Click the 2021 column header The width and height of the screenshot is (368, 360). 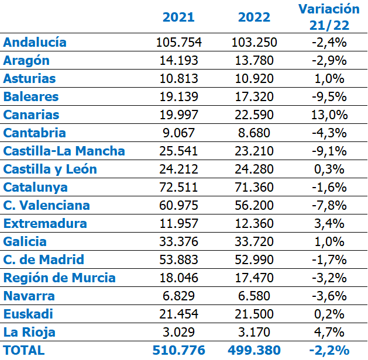coord(178,17)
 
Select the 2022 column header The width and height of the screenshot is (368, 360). coord(254,17)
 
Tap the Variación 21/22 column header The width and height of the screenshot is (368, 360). coord(329,17)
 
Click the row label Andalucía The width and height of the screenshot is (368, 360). coord(35,43)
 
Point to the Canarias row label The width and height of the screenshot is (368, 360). coord(32,115)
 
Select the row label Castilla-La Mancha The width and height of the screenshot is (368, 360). coord(64,151)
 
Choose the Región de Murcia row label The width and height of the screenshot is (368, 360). coord(60,278)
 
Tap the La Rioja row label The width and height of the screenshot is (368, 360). coord(29,333)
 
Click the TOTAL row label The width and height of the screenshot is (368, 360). coord(24,351)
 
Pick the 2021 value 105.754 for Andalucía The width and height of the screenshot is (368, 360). coord(178,43)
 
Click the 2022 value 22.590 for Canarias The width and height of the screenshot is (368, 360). coord(254,115)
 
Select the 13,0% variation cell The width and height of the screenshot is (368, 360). coord(329,115)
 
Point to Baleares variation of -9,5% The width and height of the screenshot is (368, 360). coord(329,97)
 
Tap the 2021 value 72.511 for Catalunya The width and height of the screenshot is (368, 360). coord(178,188)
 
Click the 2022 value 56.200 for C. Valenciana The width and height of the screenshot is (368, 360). coord(254,206)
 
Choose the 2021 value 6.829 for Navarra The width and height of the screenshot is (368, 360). coord(178,296)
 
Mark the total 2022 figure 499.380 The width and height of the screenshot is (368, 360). coord(254,351)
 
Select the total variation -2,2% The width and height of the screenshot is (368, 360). coord(329,351)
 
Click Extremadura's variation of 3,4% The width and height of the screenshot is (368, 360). coord(329,224)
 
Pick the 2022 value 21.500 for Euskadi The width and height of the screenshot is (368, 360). coord(254,314)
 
